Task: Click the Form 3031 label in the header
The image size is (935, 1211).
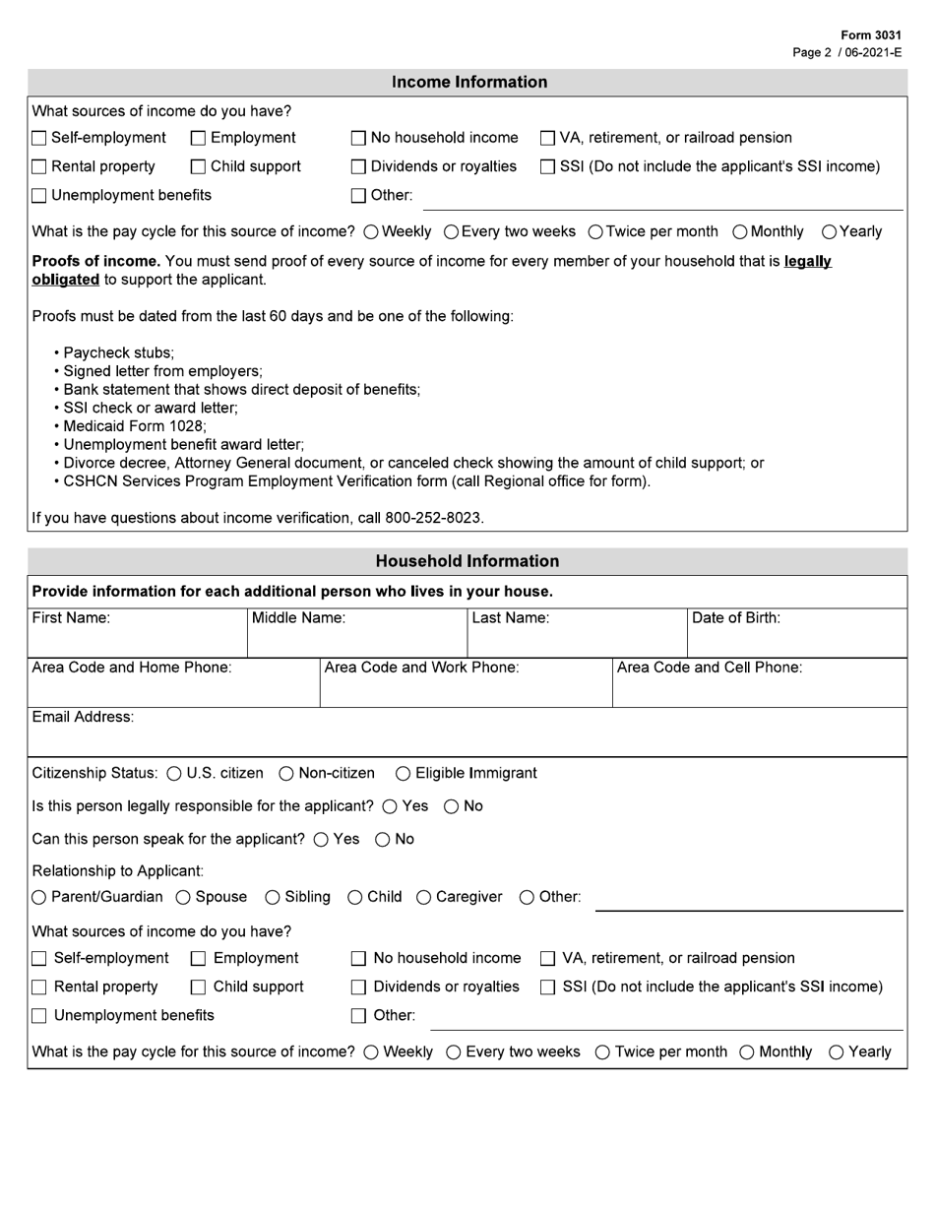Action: [870, 35]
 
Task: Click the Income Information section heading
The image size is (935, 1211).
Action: [468, 83]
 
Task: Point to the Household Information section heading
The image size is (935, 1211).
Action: [467, 561]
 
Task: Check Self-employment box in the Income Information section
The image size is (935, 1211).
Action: [39, 139]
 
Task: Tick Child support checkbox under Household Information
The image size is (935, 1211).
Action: [198, 988]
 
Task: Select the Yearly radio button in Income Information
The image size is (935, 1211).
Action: [829, 232]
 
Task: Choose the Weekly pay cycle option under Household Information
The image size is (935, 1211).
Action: [371, 1052]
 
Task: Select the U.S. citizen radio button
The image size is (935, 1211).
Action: [174, 774]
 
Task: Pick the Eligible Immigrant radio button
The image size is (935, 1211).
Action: [403, 774]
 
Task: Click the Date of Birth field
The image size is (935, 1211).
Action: [795, 640]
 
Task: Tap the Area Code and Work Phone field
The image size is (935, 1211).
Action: [465, 689]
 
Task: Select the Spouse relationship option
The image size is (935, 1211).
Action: [183, 898]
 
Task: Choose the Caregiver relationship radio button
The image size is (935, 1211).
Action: [424, 898]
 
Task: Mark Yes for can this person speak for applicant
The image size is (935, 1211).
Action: [321, 840]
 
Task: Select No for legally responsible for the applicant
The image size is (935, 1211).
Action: [451, 807]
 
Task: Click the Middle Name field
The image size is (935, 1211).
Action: [356, 640]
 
